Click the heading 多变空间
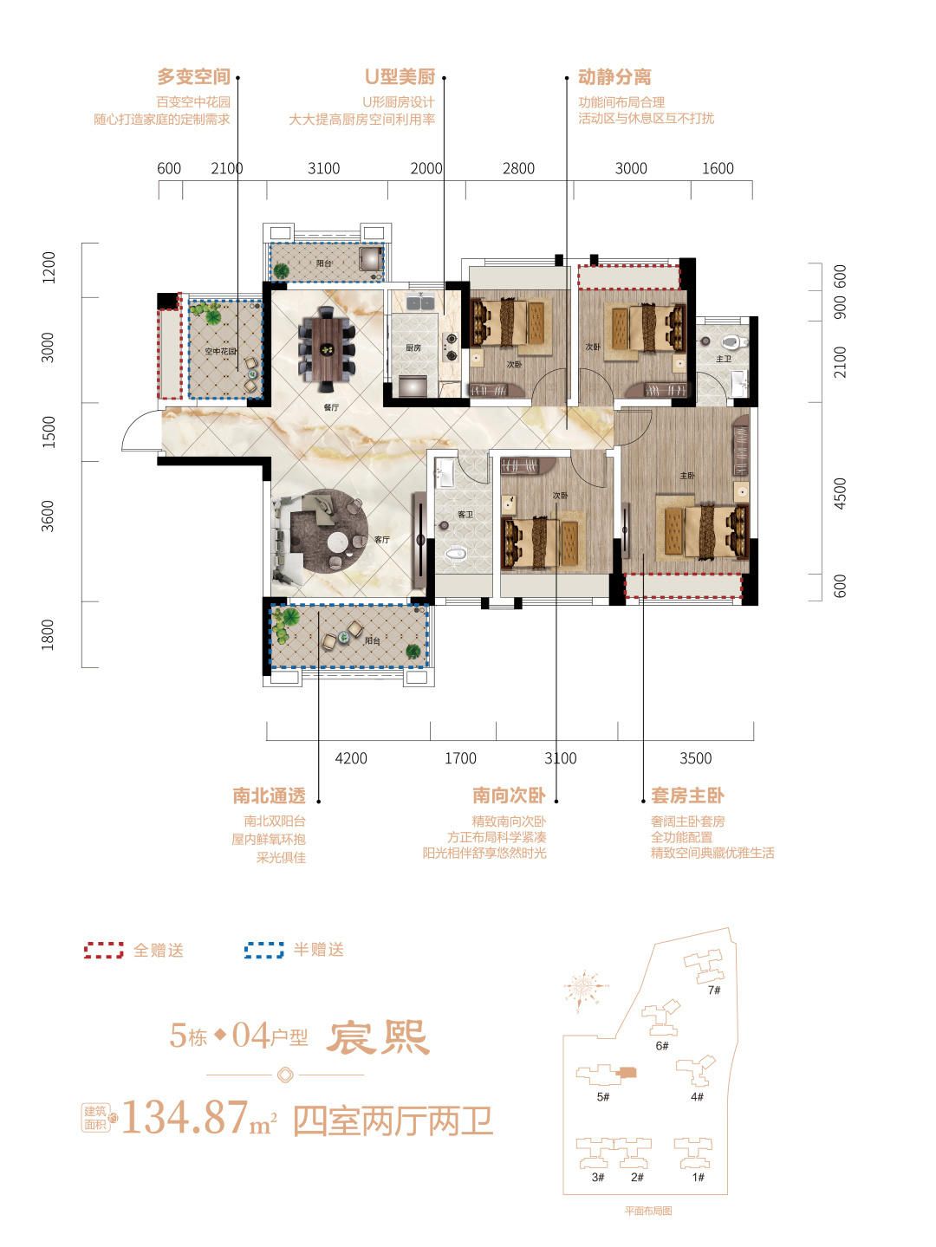coord(193,77)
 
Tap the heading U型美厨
coord(399,77)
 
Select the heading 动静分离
coord(614,77)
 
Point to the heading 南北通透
coord(269,796)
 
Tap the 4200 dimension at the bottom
coord(350,758)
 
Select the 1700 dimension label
coord(460,758)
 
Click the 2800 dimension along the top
coord(518,168)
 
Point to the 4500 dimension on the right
coord(839,493)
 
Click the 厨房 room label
coord(413,347)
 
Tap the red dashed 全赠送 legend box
coord(104,951)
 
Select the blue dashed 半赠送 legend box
coord(264,951)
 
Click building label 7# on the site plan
coord(714,990)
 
